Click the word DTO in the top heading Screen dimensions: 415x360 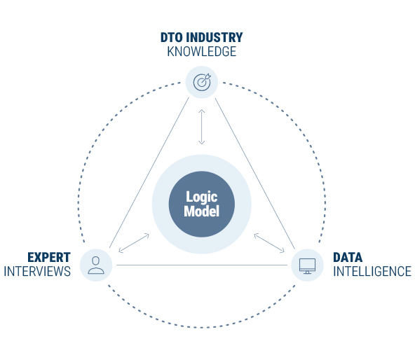tap(171, 37)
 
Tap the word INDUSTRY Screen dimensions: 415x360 tap(214, 37)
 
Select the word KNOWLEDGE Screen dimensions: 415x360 tap(202, 52)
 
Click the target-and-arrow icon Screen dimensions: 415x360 tap(202, 82)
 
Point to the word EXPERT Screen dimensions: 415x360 tap(49, 257)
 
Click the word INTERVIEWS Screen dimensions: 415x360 tap(37, 271)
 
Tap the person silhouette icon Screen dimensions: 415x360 tap(96, 265)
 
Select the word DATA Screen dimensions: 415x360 tap(348, 257)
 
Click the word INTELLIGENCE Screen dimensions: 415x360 tap(372, 271)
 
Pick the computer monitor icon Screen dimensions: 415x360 tap(307, 266)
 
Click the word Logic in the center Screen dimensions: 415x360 tap(202, 197)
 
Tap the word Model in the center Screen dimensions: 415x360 tap(202, 211)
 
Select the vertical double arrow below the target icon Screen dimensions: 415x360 tap(202, 127)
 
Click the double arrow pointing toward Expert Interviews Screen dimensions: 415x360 tap(134, 243)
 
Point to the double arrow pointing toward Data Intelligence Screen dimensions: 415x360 tap(269, 243)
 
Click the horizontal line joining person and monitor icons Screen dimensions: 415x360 tap(202, 265)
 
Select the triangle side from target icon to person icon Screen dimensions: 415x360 tap(149, 172)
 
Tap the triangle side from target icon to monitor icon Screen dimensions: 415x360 tap(255, 174)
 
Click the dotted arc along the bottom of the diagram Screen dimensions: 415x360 tap(202, 328)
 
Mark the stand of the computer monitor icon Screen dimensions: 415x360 tap(307, 272)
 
